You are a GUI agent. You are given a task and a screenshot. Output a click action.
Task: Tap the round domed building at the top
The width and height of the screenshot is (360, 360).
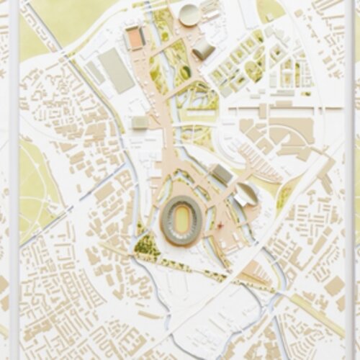click(189, 14)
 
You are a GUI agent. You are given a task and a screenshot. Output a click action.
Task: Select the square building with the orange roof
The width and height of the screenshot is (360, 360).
click(135, 37)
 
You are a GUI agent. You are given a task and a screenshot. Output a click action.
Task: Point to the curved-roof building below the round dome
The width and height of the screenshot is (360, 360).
click(203, 49)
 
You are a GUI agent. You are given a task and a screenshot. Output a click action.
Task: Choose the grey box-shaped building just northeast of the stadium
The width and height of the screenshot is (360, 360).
click(222, 174)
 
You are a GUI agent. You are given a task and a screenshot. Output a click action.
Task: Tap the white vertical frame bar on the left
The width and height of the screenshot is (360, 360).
click(14, 180)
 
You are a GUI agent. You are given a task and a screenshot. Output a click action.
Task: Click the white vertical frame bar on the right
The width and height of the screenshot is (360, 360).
click(348, 180)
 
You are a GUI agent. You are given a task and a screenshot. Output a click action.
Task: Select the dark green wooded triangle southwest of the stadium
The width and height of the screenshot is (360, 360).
click(146, 247)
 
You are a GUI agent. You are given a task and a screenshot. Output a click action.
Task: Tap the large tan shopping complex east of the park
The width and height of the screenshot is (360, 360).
click(288, 133)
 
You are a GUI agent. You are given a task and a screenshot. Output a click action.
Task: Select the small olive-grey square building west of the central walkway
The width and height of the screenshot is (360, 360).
click(140, 123)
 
